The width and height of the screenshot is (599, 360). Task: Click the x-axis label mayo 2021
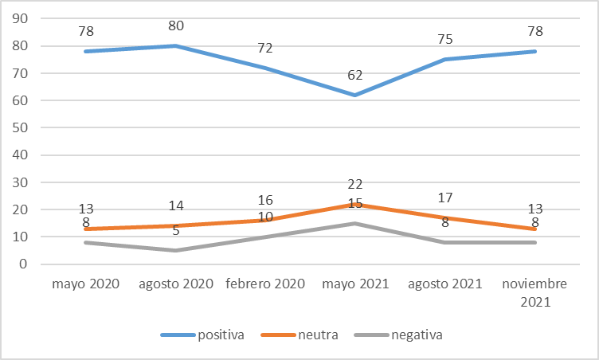(355, 284)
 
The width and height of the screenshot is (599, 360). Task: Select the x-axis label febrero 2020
(265, 284)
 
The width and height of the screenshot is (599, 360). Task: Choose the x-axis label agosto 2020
(175, 284)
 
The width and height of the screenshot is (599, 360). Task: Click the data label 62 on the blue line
(355, 76)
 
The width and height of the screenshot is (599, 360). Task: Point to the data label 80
(176, 26)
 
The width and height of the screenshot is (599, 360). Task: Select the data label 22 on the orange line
(355, 184)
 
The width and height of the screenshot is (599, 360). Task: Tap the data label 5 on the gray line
(176, 231)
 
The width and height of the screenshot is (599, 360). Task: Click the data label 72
(265, 49)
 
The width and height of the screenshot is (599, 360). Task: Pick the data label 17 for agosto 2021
(445, 198)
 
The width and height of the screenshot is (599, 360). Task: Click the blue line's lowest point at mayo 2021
(355, 95)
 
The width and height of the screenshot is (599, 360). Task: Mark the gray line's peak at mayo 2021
(355, 223)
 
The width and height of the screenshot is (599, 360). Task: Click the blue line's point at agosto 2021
(445, 59)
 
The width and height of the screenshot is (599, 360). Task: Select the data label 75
(445, 40)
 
